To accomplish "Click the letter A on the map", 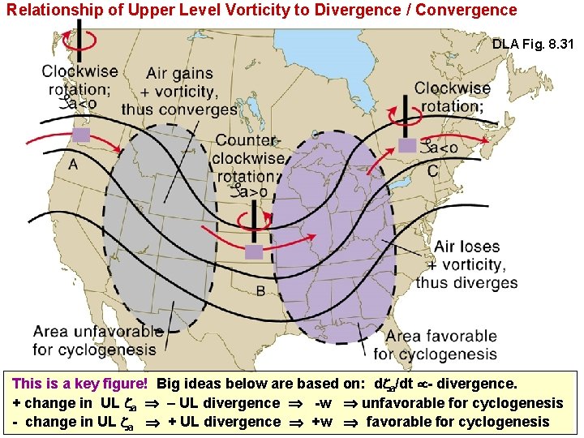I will [74, 165].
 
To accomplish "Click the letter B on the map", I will [260, 290].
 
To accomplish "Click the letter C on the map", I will [432, 171].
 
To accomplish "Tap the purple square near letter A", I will [81, 135].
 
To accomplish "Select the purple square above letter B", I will [254, 251].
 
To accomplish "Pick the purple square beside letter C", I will [407, 144].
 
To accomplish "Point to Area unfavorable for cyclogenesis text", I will [97, 341].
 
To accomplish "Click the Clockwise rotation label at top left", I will [79, 79].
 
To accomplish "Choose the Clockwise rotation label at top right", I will [452, 97].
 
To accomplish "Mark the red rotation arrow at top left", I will [81, 40].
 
